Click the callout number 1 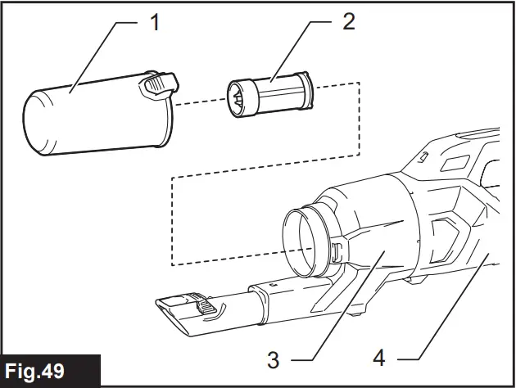click(153, 22)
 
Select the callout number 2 click(348, 22)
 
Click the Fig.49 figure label click(50, 370)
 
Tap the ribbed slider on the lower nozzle click(210, 309)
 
